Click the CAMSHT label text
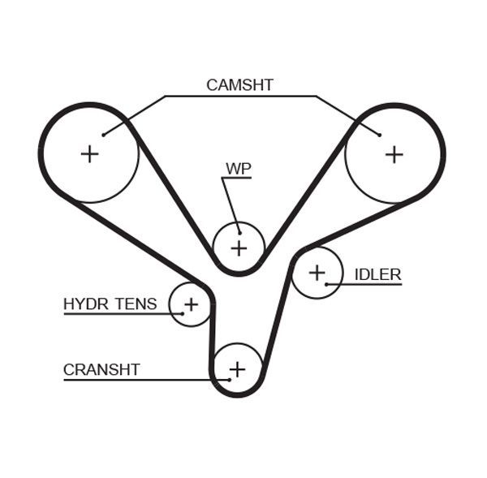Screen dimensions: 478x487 [x=239, y=84]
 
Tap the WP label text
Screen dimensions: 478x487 [x=239, y=169]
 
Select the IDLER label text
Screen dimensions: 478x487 [x=377, y=274]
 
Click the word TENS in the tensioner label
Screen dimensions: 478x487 [x=136, y=304]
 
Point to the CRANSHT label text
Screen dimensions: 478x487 [x=101, y=370]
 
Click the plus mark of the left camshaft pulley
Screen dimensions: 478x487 [x=89, y=153]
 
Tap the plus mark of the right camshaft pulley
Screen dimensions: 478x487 [x=394, y=153]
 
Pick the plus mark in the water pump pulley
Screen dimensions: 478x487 [x=239, y=248]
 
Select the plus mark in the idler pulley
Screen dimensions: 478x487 [x=317, y=273]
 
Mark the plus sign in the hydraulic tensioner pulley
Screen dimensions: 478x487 [x=191, y=304]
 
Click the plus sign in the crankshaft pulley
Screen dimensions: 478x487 [x=237, y=370]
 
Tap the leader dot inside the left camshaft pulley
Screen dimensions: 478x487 [x=104, y=135]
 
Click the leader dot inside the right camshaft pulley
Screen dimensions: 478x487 [x=379, y=134]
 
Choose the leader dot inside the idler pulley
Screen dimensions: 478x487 [x=326, y=284]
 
